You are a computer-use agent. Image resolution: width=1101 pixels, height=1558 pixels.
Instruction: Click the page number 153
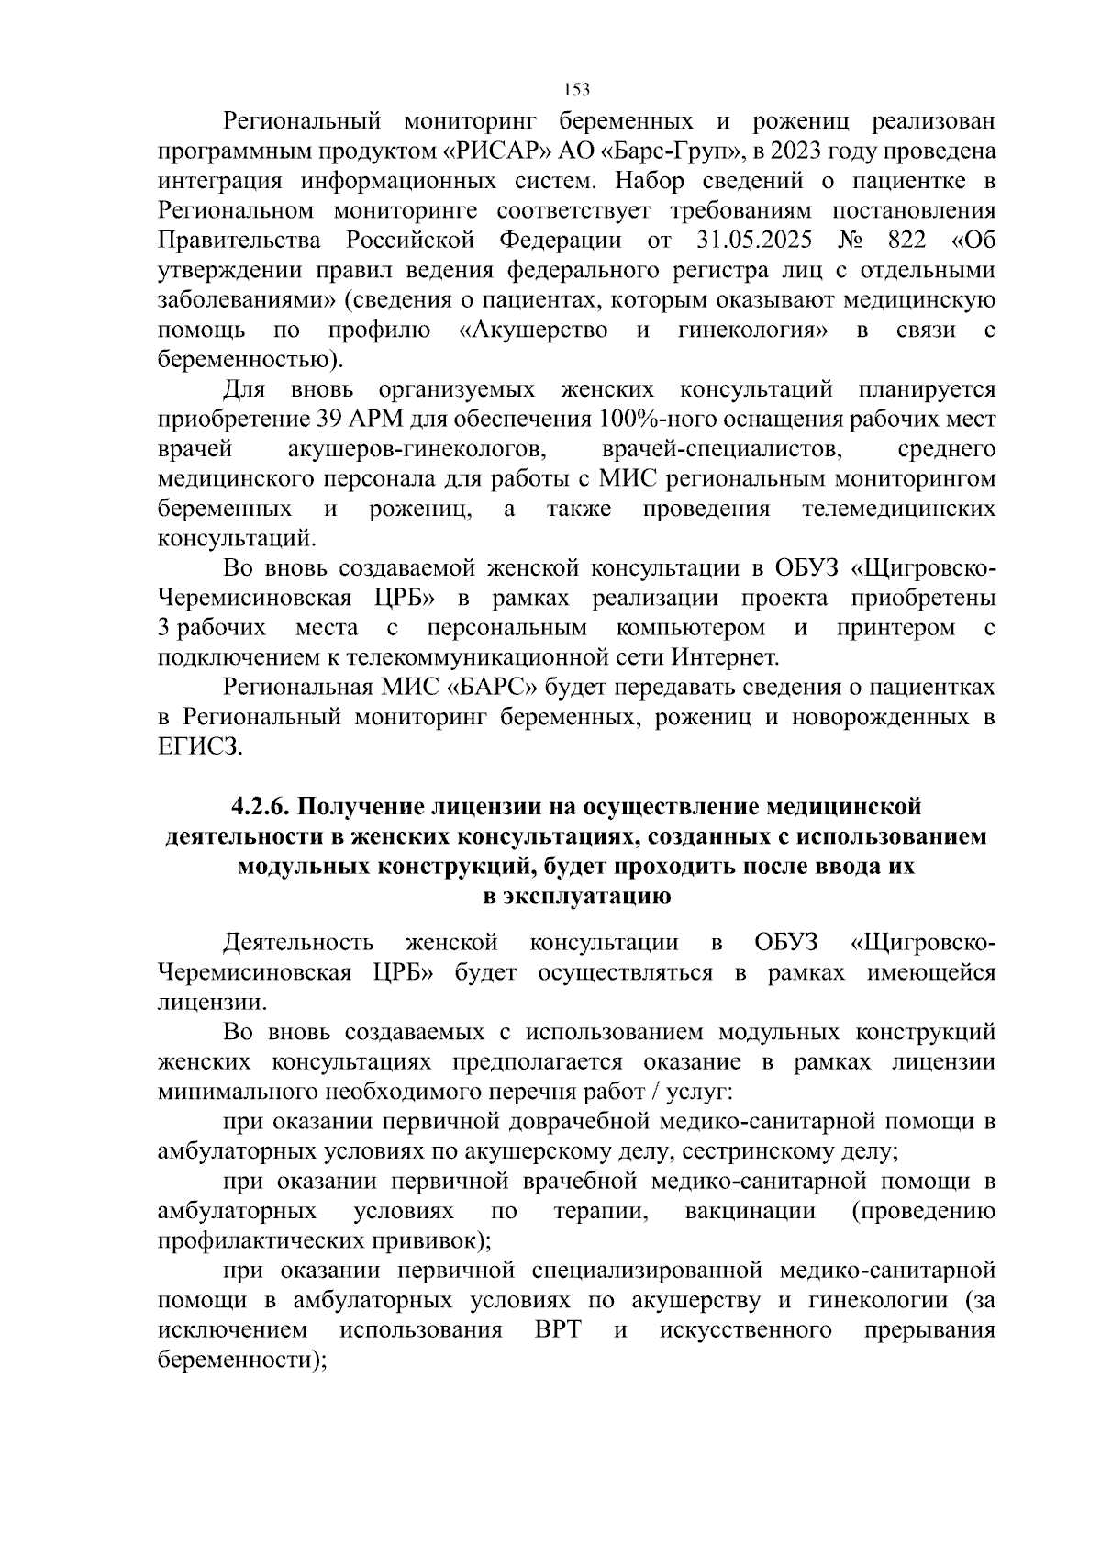point(576,89)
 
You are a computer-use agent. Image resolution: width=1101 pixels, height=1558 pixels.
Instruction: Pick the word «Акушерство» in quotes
point(532,331)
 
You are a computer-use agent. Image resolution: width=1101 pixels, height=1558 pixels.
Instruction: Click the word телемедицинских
point(898,509)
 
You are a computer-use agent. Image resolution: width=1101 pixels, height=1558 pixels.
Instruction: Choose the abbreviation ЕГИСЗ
point(201,746)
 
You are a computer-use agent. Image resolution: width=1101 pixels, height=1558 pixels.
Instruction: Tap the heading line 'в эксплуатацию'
point(576,896)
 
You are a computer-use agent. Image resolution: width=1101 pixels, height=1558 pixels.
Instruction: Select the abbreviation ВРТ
point(558,1330)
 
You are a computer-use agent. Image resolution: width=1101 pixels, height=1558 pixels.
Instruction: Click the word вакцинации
point(751,1211)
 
